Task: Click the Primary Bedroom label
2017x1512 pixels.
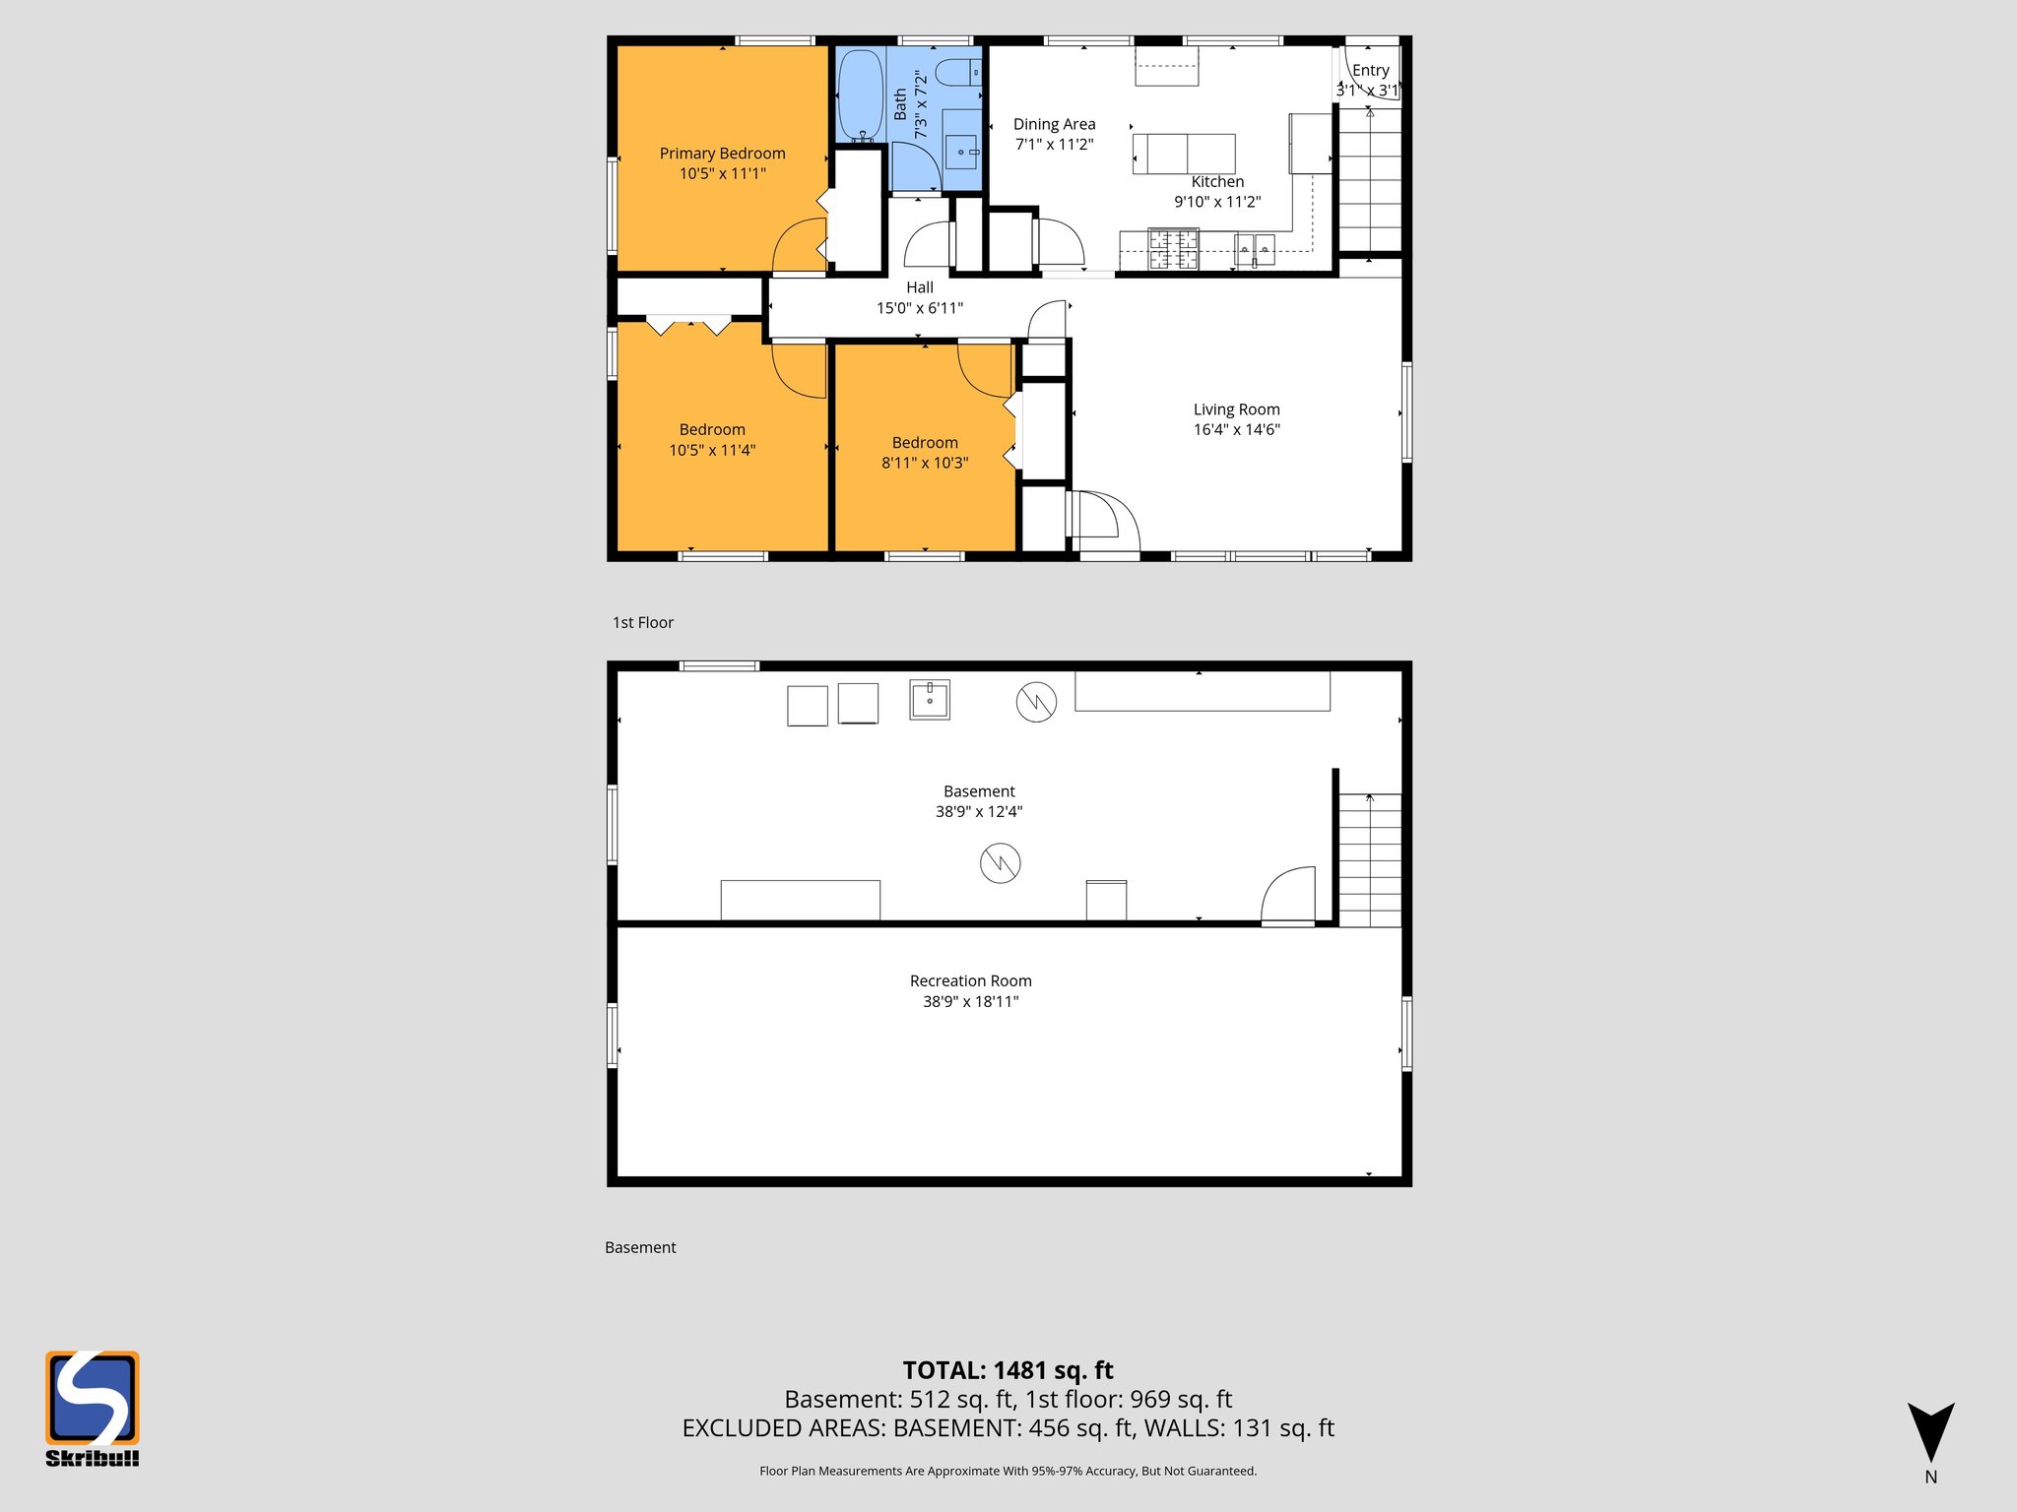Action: click(x=722, y=154)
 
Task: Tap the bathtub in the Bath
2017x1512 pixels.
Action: click(x=860, y=94)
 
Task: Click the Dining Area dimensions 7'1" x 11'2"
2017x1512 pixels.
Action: click(x=1054, y=145)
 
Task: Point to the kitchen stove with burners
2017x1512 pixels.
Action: click(x=1174, y=249)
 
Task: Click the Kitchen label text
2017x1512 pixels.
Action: click(x=1217, y=182)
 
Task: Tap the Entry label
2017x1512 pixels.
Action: click(x=1370, y=71)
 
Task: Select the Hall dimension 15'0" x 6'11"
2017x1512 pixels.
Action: click(x=919, y=308)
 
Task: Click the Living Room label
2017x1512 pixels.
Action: click(x=1236, y=409)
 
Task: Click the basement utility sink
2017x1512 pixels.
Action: click(x=929, y=700)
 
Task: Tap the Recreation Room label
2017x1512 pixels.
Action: click(x=970, y=981)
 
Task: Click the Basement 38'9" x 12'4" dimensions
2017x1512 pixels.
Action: click(x=978, y=812)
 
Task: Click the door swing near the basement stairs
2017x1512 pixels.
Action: click(x=1290, y=896)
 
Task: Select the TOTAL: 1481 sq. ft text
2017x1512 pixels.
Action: click(x=1008, y=1370)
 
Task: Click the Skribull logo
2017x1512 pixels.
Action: click(x=93, y=1407)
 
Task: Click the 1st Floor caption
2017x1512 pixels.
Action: click(x=642, y=623)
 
